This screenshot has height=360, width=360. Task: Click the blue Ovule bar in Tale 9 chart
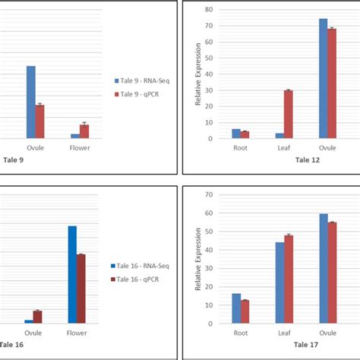(x=30, y=102)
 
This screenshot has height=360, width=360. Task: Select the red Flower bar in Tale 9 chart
(x=84, y=131)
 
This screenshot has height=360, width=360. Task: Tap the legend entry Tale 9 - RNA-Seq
(x=144, y=80)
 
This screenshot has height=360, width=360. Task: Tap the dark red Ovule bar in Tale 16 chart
(x=37, y=317)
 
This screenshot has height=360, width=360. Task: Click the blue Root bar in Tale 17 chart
(x=236, y=308)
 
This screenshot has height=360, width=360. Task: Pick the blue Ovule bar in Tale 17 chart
(x=324, y=269)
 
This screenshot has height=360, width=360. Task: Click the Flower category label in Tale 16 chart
(x=77, y=333)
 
